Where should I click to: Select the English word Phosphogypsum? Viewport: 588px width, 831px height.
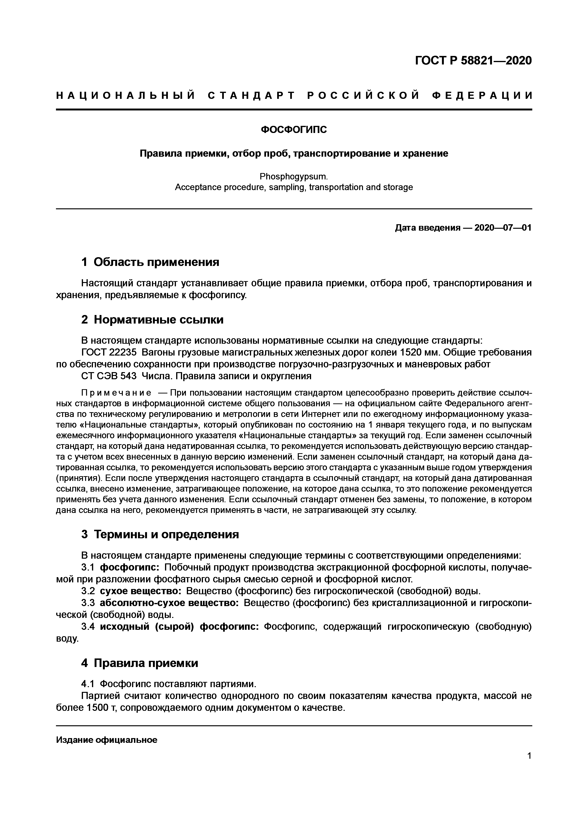click(294, 177)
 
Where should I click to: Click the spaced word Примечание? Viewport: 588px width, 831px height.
click(116, 393)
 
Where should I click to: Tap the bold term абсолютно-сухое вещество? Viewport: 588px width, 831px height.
click(169, 603)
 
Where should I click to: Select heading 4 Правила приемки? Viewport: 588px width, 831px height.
click(140, 663)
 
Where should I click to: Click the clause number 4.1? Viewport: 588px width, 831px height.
click(88, 684)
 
